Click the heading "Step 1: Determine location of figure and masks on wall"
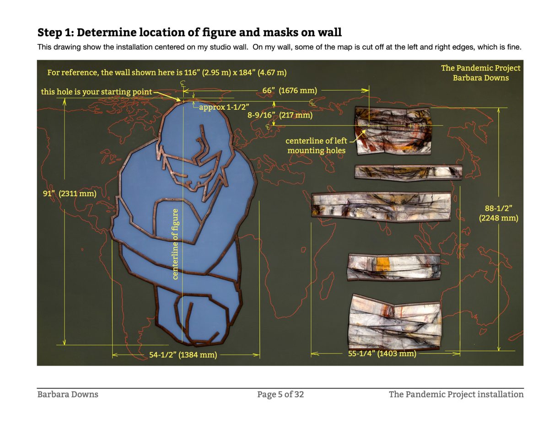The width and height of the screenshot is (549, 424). pos(189,32)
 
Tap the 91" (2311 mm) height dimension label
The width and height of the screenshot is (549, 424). pos(70,193)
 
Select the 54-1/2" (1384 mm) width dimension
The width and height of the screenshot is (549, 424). pos(183,355)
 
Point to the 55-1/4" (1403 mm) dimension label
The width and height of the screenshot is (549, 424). pos(382,353)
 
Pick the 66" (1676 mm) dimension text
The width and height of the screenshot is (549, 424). pos(290,91)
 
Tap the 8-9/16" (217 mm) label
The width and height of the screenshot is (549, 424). pos(280,115)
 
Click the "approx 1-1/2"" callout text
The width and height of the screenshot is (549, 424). pos(224,107)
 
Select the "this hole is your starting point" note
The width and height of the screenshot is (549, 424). pos(96,91)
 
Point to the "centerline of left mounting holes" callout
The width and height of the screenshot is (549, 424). pos(316,145)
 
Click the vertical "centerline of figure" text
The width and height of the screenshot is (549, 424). pos(175,244)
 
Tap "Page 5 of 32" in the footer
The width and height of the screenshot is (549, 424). pos(280,394)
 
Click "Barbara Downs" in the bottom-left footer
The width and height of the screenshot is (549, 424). pos(68,394)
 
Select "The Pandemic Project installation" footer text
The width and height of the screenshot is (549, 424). pos(456,394)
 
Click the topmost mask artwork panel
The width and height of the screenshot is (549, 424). pos(393,130)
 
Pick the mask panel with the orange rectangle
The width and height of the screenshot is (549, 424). pos(394,267)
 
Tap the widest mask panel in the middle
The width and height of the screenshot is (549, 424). pos(381,207)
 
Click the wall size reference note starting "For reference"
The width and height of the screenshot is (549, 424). pos(167,73)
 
